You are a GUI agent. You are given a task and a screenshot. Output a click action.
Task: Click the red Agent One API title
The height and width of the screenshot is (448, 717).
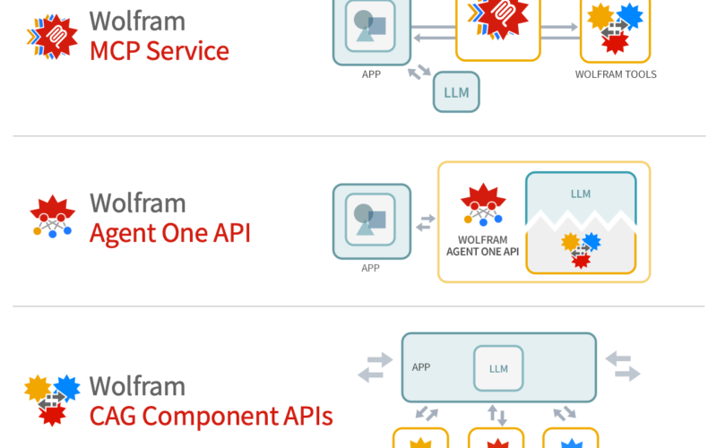(169, 233)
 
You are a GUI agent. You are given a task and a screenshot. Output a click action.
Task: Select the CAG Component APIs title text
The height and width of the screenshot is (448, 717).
(211, 416)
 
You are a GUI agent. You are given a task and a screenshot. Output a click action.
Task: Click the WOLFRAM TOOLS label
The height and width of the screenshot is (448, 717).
(616, 74)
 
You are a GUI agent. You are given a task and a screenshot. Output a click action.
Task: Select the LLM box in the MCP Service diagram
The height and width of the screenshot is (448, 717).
(456, 92)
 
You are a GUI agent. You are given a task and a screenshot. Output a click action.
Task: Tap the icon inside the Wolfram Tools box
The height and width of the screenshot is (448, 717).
(615, 27)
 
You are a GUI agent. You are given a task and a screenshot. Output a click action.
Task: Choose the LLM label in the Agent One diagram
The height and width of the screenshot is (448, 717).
(581, 194)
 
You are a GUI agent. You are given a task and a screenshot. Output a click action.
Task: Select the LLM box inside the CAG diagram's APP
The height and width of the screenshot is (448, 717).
(498, 368)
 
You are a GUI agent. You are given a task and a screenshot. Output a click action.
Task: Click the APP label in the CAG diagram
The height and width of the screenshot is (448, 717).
(421, 367)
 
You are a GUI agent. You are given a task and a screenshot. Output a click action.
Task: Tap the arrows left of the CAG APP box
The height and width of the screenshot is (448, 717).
(375, 366)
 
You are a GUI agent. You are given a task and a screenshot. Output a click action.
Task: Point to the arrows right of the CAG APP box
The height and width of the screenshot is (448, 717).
(623, 366)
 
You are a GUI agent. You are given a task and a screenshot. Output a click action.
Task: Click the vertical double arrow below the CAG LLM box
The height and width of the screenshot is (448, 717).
(498, 414)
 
